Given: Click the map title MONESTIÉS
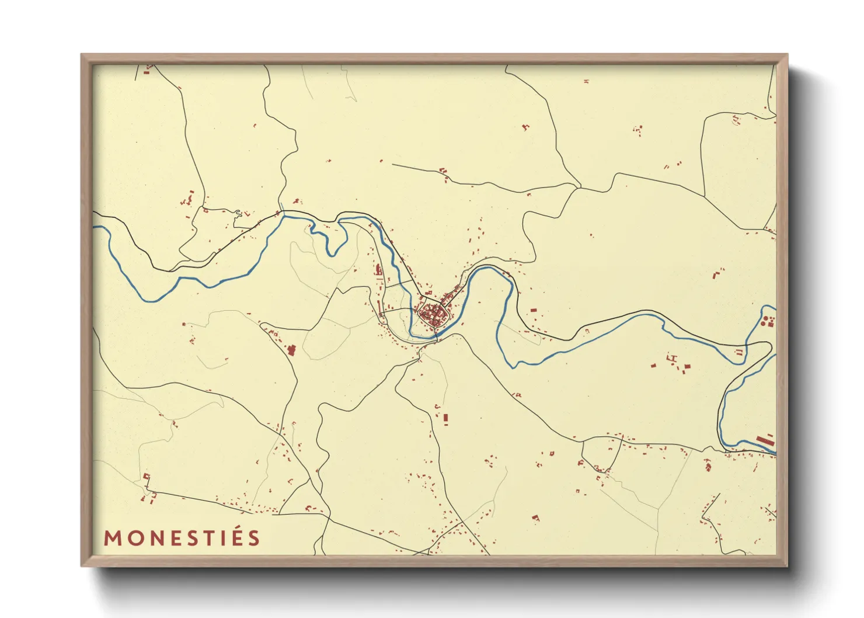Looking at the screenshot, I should pyautogui.click(x=182, y=538).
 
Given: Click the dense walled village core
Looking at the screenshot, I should pyautogui.click(x=432, y=315).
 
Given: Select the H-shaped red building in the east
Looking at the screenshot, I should pyautogui.click(x=672, y=357).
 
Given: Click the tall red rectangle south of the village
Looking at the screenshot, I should pyautogui.click(x=445, y=418).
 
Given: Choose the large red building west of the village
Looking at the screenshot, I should pyautogui.click(x=292, y=350).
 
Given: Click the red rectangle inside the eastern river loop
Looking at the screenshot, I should pyautogui.click(x=533, y=310).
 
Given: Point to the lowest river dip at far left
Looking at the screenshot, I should pyautogui.click(x=153, y=301).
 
